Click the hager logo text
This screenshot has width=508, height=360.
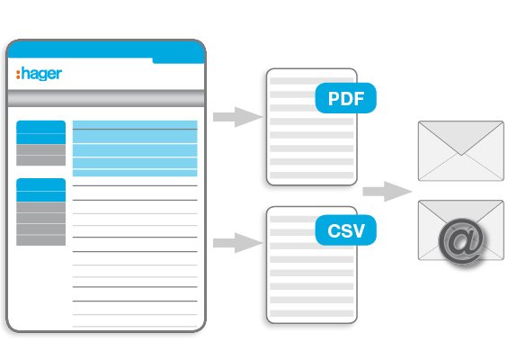tap(39, 74)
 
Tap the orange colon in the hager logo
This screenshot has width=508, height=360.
tap(18, 75)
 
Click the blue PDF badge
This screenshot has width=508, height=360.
tap(345, 98)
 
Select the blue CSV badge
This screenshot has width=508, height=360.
tap(345, 230)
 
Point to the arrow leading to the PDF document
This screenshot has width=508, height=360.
tap(237, 117)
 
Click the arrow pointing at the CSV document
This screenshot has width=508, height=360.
tap(237, 243)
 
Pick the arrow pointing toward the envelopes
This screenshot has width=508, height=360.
tap(388, 192)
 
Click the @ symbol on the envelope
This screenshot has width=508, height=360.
tap(461, 241)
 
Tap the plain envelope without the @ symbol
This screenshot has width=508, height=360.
tap(460, 151)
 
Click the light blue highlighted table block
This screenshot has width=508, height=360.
tap(135, 148)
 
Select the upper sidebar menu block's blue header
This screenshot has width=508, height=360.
tap(40, 132)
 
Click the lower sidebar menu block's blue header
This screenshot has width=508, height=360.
tap(40, 190)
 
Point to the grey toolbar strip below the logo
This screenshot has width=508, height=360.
tap(106, 98)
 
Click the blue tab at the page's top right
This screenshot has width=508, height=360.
tap(179, 60)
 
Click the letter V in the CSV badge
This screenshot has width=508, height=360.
tap(358, 230)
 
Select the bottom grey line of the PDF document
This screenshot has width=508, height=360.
tap(312, 175)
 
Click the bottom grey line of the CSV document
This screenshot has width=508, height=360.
tap(312, 313)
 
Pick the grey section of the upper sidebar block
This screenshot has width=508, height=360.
tap(40, 155)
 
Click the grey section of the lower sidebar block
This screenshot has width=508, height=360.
tap(40, 224)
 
